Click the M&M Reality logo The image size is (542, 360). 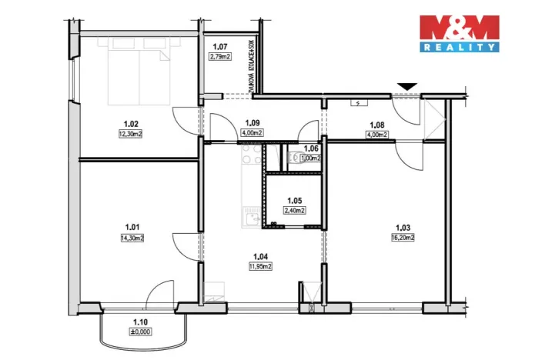tap(458, 33)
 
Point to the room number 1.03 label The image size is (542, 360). tap(402, 227)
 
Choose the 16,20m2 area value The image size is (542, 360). tap(402, 238)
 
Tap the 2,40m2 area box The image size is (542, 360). tap(293, 210)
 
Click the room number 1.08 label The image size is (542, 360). tap(377, 123)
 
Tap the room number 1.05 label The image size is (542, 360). tap(293, 200)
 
